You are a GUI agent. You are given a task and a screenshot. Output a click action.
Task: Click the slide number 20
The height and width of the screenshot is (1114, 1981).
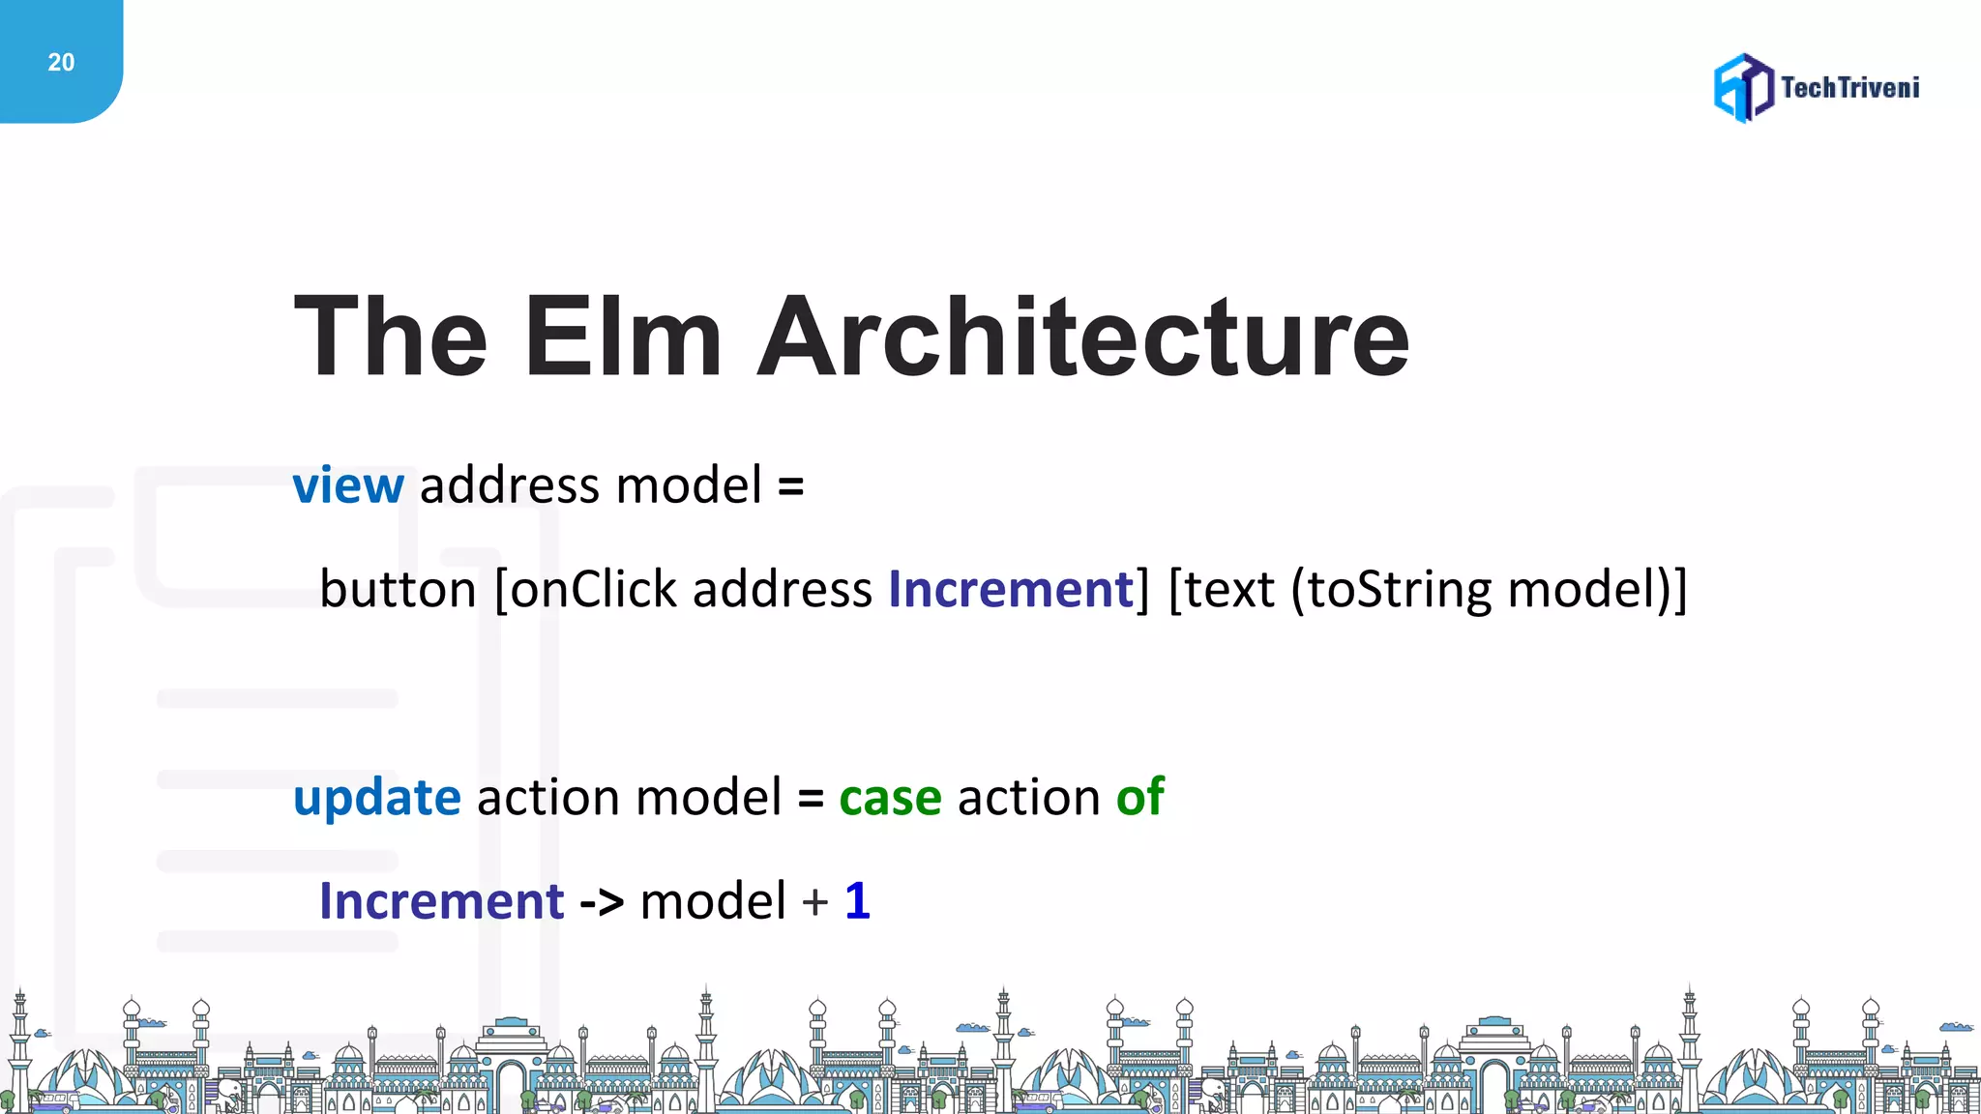click(x=61, y=63)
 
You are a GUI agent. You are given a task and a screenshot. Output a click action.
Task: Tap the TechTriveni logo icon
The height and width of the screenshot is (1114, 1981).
click(x=1743, y=88)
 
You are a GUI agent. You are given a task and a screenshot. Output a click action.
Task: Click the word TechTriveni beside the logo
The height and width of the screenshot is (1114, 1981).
click(x=1849, y=88)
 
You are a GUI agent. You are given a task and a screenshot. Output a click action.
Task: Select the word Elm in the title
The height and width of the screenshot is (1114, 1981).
click(x=623, y=337)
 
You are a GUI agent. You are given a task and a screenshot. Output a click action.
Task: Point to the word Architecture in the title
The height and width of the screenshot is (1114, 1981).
click(x=1083, y=337)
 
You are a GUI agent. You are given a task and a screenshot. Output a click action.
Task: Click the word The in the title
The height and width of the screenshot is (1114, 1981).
click(x=391, y=337)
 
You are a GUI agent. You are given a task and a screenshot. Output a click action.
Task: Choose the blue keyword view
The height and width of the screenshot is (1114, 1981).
click(x=348, y=485)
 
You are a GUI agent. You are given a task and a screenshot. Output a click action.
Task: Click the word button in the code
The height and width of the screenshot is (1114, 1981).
click(x=398, y=589)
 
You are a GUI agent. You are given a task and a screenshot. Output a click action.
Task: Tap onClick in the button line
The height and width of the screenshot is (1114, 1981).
click(x=593, y=589)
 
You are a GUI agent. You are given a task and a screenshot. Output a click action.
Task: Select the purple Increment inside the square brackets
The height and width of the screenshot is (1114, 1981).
click(x=1011, y=589)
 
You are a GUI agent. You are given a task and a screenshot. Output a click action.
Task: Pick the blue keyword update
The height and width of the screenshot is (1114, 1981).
click(x=377, y=799)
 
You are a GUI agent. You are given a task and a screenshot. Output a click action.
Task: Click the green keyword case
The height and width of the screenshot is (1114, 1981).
click(x=890, y=799)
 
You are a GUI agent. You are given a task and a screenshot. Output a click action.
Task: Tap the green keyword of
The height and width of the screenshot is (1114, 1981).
click(x=1140, y=797)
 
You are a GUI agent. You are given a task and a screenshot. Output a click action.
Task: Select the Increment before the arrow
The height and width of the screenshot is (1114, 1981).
click(x=442, y=901)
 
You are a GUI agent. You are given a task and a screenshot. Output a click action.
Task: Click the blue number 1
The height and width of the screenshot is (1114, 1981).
click(x=858, y=901)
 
